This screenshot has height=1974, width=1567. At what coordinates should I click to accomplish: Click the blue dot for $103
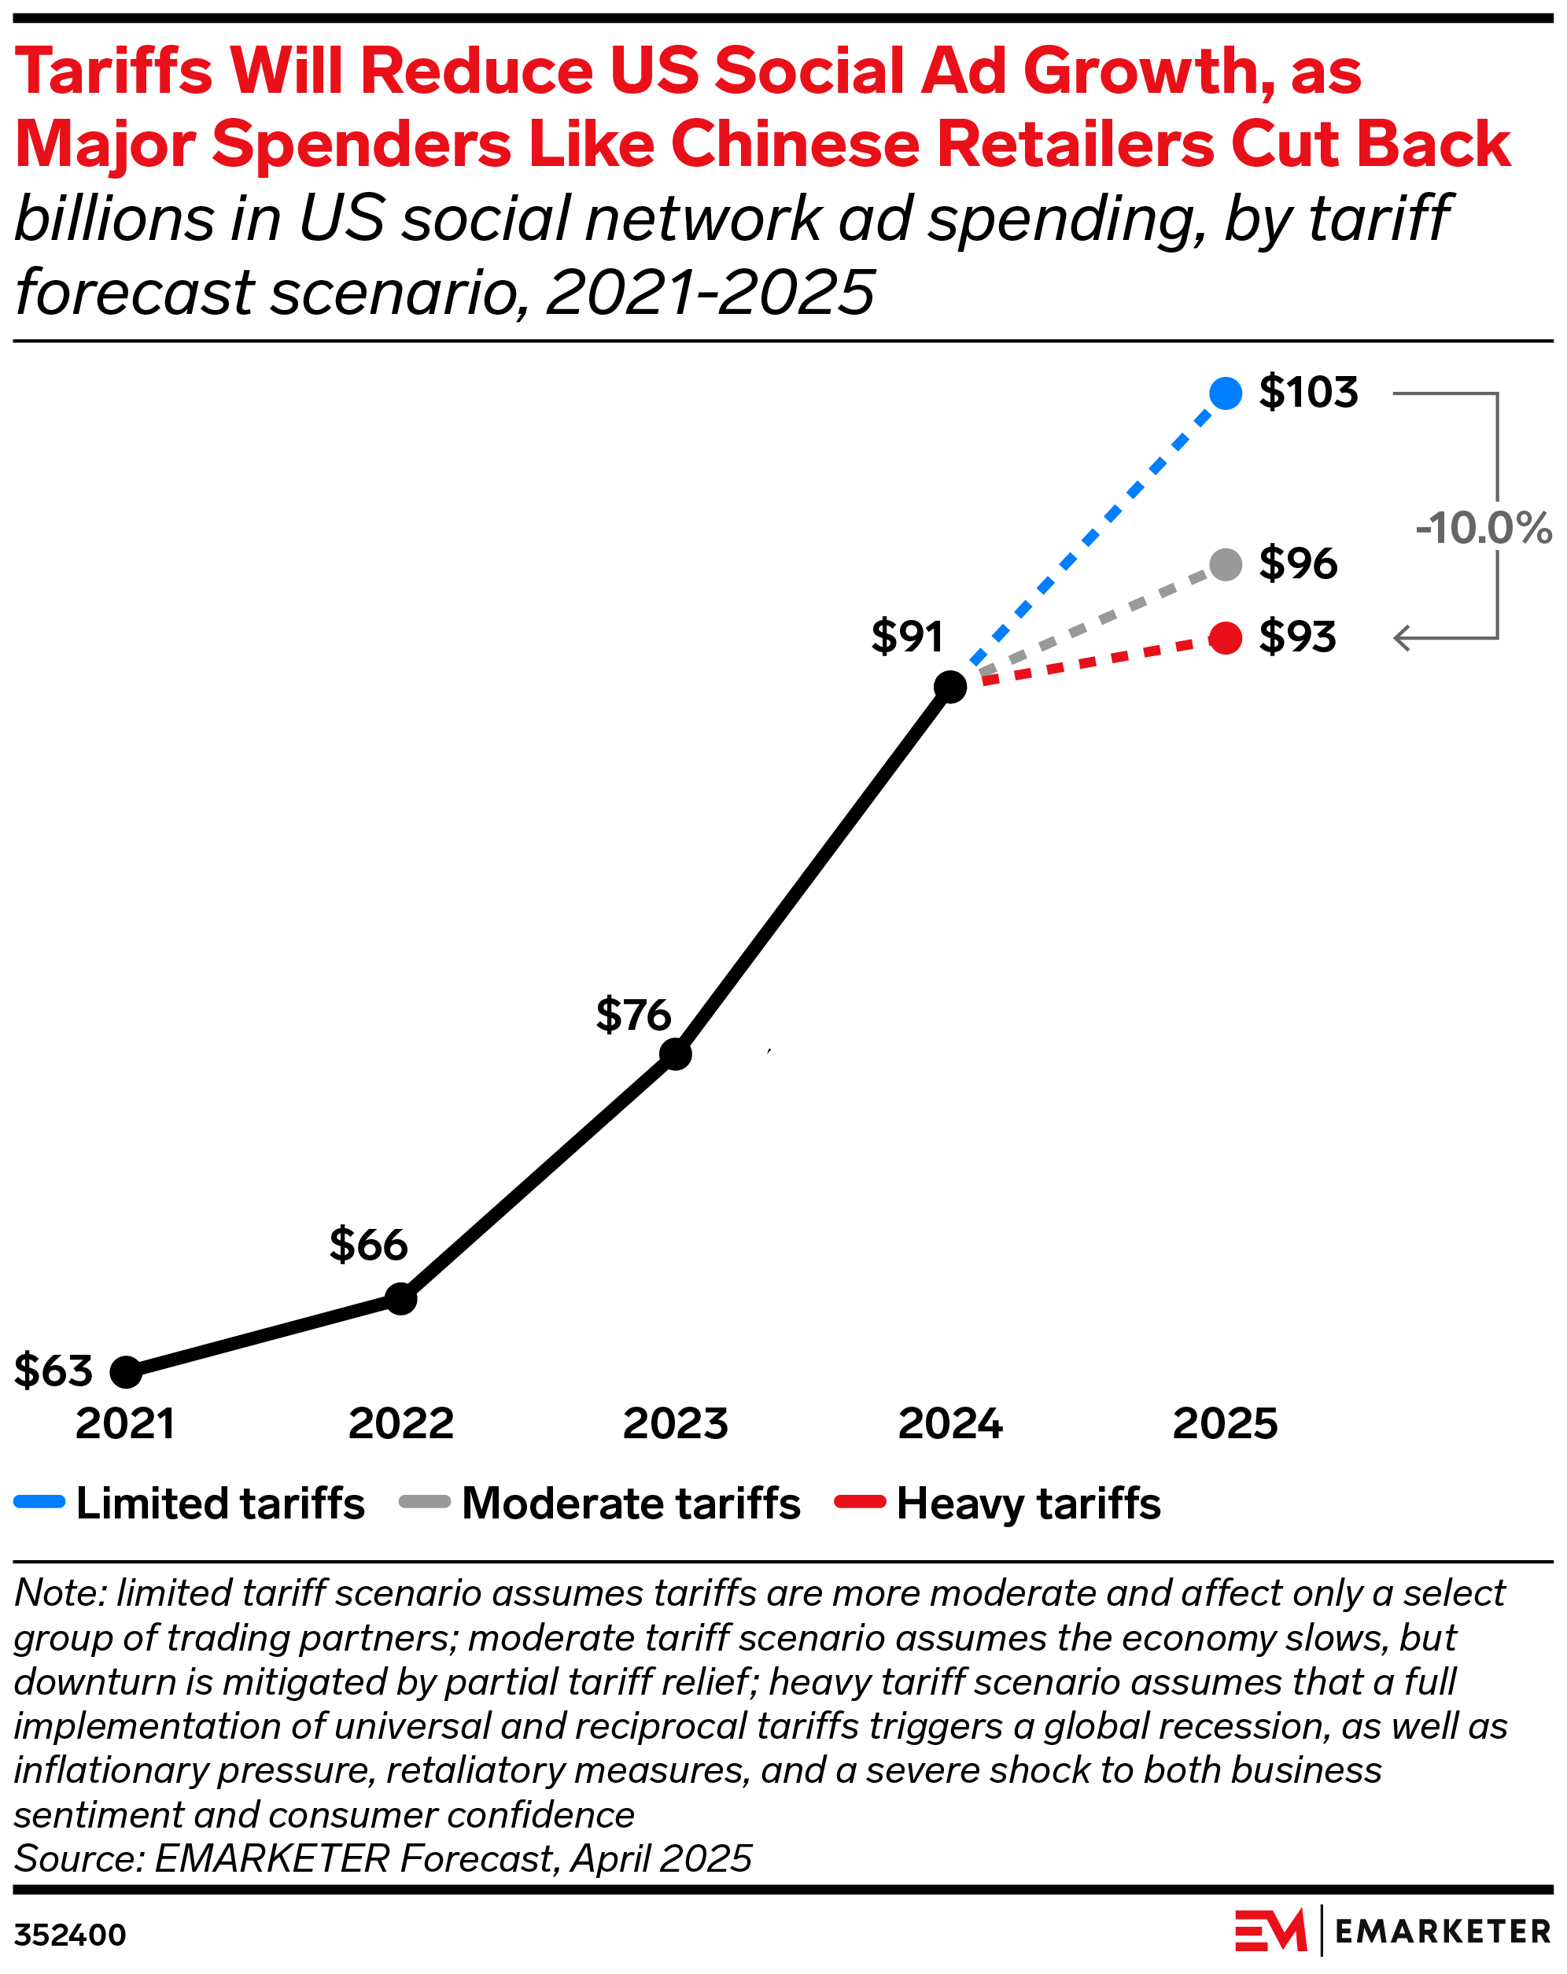pos(1225,393)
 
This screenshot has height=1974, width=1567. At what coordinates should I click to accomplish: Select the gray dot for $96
pos(1225,564)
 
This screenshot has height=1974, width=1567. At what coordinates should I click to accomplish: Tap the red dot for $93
pos(1225,637)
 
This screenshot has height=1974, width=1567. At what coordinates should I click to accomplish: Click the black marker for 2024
pos(950,686)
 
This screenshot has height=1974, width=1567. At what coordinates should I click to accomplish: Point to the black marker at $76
pos(676,1053)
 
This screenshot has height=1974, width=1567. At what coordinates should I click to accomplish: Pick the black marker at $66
pos(401,1298)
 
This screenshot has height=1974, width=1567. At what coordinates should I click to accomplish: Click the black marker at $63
pos(127,1371)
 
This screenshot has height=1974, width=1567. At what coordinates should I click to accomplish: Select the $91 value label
pos(906,636)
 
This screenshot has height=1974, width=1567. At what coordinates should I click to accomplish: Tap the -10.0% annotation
pos(1483,528)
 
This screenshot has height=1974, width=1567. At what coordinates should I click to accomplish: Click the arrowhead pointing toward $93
pos(1401,638)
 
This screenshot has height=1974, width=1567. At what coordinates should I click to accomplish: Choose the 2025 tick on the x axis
pos(1225,1424)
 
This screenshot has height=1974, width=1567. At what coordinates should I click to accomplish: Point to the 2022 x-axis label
pos(401,1424)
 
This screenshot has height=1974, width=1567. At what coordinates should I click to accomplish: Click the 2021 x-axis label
pos(125,1424)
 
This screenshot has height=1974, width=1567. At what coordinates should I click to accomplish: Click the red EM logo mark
pos(1270,1931)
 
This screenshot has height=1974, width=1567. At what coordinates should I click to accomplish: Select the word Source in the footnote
pos(79,1858)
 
